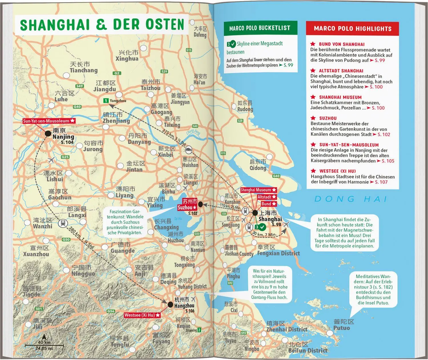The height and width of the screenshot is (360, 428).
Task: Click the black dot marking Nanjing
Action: [48, 133]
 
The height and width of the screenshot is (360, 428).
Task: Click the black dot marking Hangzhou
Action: [170, 305]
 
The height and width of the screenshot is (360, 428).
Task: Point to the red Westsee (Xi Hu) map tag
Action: [142, 315]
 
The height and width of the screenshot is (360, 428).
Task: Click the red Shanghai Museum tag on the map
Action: [258, 190]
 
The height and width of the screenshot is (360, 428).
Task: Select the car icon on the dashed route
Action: [189, 150]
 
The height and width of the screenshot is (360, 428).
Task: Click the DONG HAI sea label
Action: [351, 199]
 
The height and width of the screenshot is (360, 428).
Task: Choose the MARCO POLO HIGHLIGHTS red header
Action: [352, 29]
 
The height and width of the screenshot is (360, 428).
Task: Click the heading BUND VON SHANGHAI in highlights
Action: [342, 44]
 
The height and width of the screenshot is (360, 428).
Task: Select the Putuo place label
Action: [342, 328]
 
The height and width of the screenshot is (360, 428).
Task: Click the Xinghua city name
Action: [127, 59]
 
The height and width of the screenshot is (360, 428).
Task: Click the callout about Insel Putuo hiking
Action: [373, 289]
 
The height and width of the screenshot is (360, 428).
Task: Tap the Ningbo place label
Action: [252, 349]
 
